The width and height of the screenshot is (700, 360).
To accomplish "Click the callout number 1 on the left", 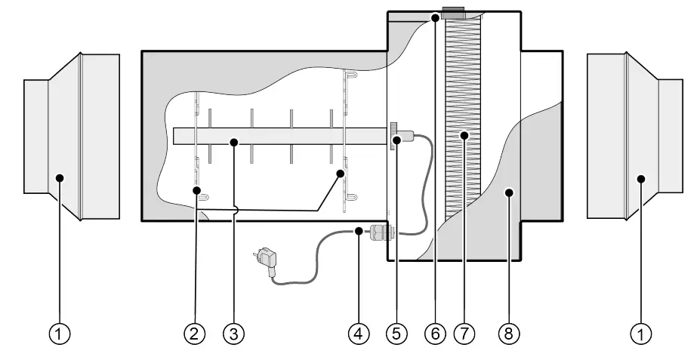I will (60, 333).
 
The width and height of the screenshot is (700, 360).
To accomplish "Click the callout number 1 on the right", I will (641, 333).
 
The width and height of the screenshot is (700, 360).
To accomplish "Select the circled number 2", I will (195, 333).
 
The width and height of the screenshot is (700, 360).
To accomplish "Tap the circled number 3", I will (234, 333).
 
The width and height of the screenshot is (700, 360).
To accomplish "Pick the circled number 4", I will (359, 333).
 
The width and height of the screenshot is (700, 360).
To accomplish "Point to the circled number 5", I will (396, 333).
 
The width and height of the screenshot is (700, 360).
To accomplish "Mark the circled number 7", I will (465, 333).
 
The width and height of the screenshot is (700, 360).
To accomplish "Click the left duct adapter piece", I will (72, 136).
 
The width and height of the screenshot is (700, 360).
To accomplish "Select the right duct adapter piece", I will (628, 136).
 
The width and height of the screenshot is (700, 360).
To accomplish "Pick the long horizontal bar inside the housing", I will (279, 137).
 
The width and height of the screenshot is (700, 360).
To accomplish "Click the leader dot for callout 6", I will (436, 17).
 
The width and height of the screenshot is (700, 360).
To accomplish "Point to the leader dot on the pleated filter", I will (465, 137).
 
